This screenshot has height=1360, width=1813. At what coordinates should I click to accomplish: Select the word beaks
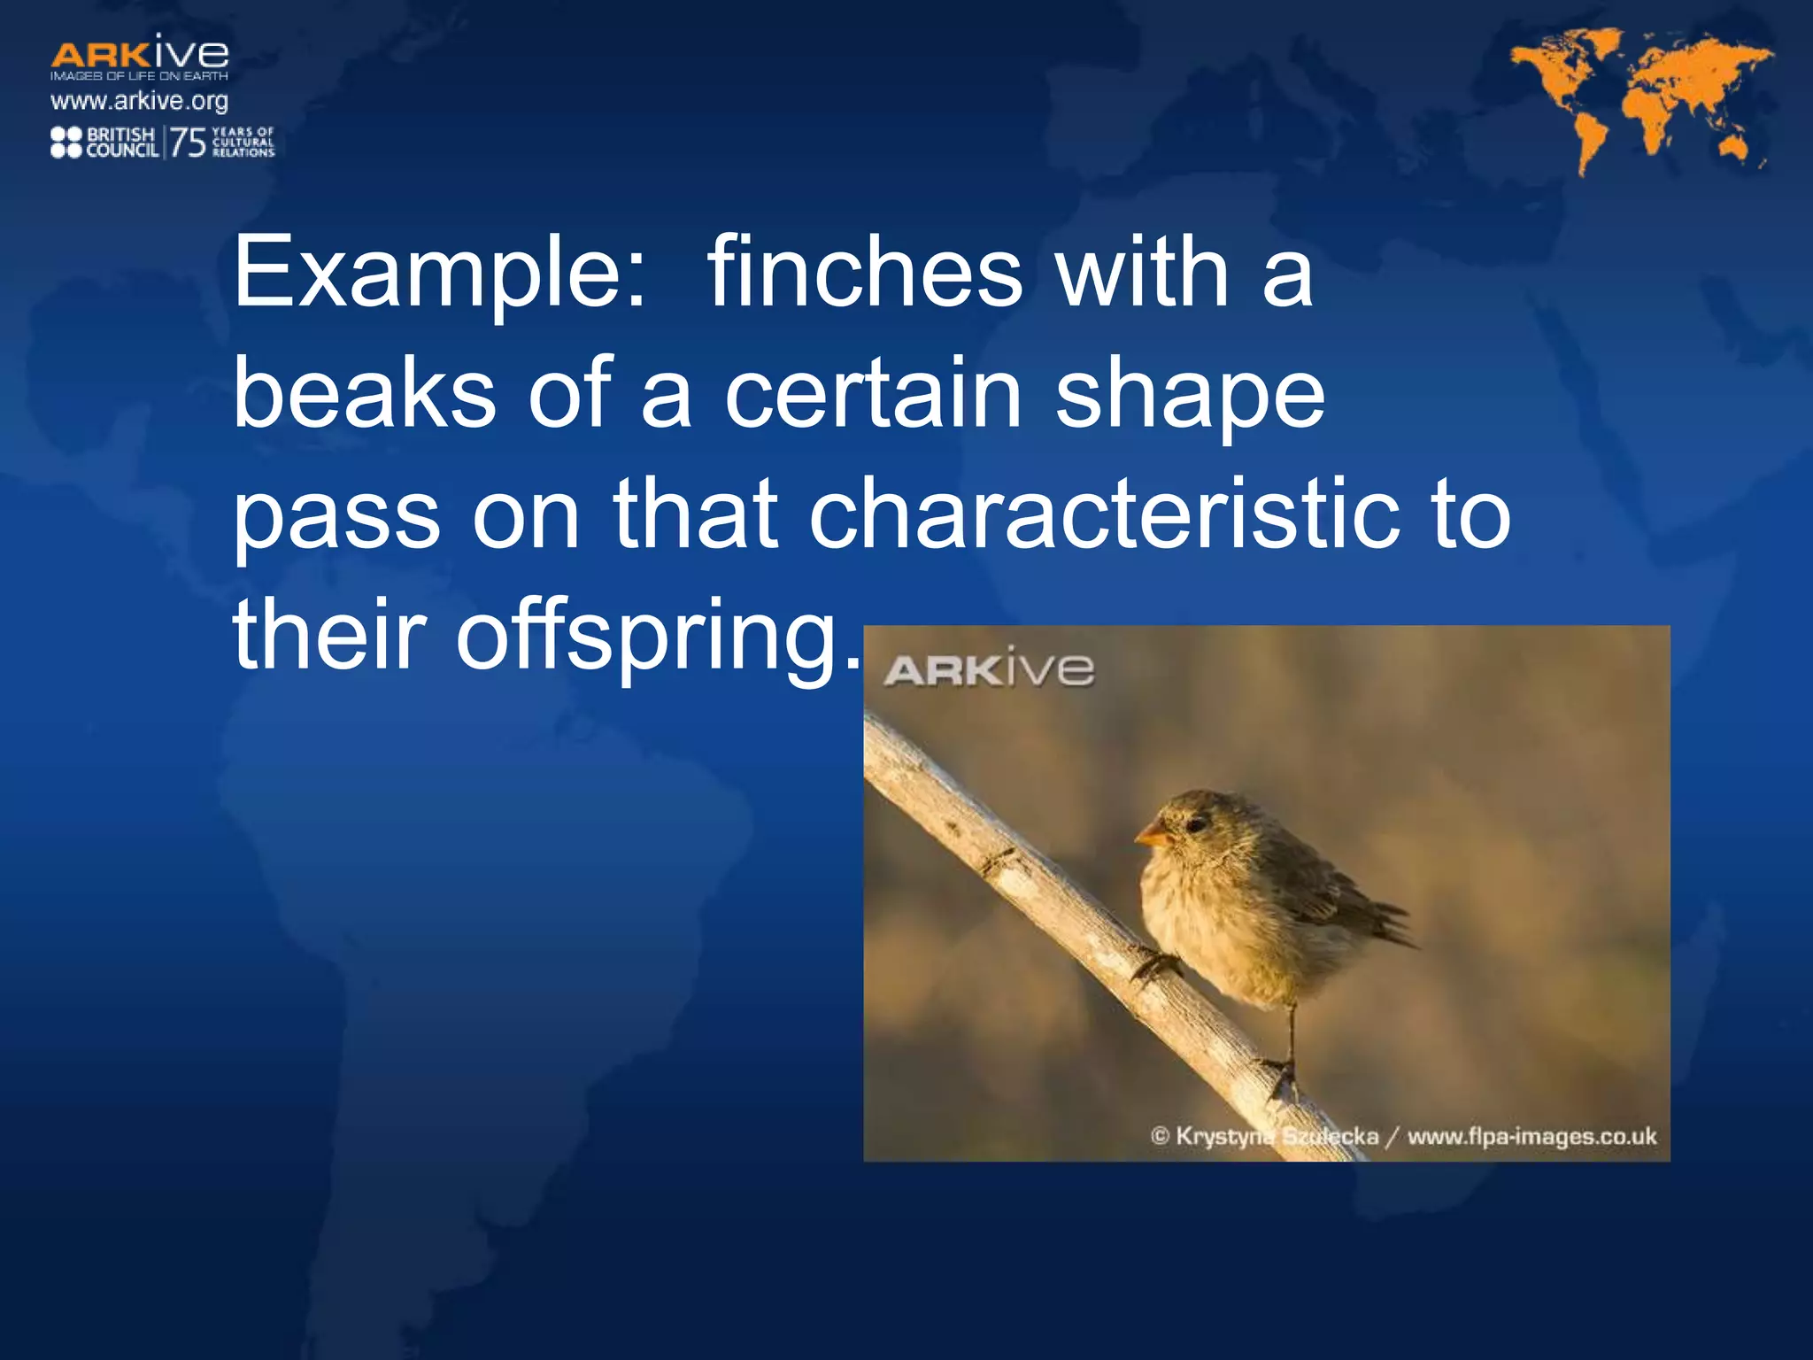[364, 393]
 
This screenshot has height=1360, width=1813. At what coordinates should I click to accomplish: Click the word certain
[873, 393]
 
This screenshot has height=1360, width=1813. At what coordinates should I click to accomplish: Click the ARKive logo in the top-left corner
[140, 56]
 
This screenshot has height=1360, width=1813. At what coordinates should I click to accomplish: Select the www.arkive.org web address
[140, 101]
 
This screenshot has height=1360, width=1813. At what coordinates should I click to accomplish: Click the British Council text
[121, 142]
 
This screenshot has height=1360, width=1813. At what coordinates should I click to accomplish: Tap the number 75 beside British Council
[188, 142]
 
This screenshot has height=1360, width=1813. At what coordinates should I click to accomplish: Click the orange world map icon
[1642, 97]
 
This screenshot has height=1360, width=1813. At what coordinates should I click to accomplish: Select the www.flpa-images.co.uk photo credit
[1531, 1136]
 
